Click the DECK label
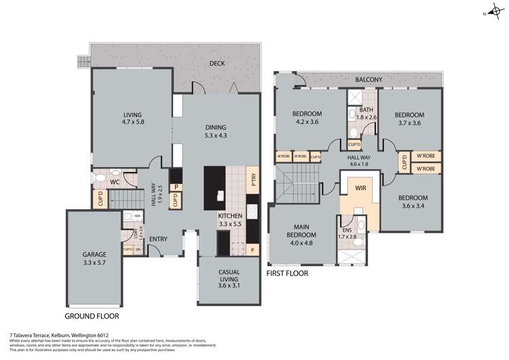tap(217, 64)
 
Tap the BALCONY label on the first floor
tap(369, 79)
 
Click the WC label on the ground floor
tap(115, 182)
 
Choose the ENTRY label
tap(158, 238)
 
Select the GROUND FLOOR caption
tap(92, 317)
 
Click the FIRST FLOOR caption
tap(287, 273)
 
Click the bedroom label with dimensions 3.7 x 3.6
tap(409, 115)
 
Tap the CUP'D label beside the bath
tap(354, 144)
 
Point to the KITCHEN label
tap(230, 215)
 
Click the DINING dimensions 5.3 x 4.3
tap(215, 135)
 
